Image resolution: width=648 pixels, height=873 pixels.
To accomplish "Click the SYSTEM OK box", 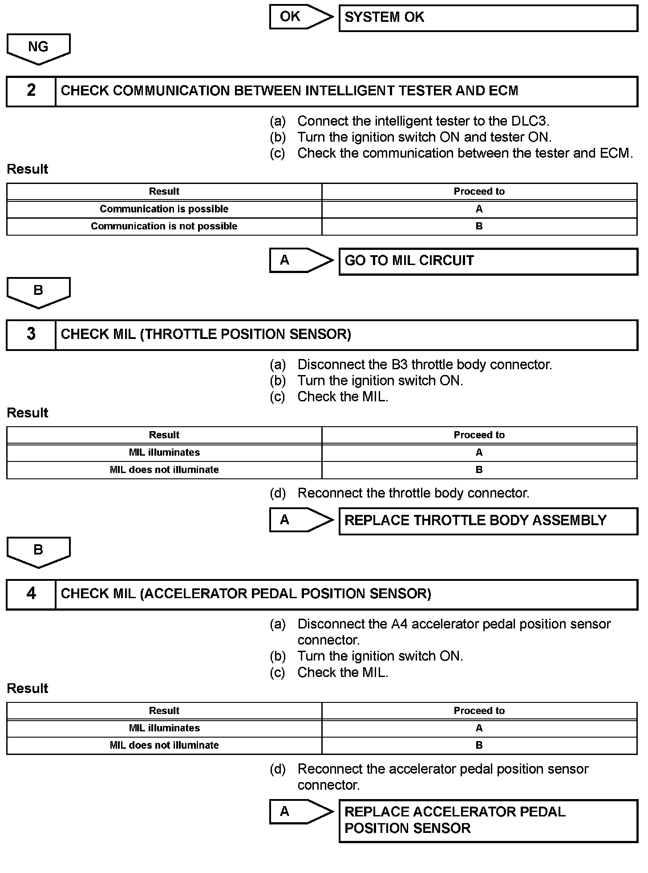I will click(x=488, y=18).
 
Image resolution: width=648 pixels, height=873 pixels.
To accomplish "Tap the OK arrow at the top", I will click(x=300, y=17).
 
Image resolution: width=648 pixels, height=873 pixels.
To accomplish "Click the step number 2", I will click(x=31, y=91).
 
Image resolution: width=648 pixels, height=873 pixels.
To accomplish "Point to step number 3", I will click(x=31, y=334).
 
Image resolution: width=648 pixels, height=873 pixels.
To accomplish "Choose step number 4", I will click(x=31, y=594).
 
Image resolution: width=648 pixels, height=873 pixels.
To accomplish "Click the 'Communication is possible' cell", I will click(x=164, y=209).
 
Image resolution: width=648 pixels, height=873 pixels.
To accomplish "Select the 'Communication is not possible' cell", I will click(x=164, y=226).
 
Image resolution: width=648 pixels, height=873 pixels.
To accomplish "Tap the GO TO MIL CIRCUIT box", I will click(x=488, y=261).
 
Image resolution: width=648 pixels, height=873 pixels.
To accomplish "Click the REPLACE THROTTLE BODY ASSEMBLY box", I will click(x=488, y=521).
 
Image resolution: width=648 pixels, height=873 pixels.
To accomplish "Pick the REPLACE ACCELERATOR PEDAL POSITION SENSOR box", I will click(x=488, y=820).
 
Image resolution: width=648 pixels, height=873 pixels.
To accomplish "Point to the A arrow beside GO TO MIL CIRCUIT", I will click(x=300, y=261).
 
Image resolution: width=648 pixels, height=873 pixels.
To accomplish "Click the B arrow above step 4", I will click(x=38, y=551).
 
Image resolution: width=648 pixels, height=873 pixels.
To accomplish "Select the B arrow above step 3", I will click(x=38, y=292).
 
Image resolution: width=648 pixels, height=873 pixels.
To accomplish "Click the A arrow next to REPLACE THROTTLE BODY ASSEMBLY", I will click(x=300, y=520).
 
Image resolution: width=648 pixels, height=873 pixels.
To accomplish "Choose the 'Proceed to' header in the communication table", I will click(x=479, y=192).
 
